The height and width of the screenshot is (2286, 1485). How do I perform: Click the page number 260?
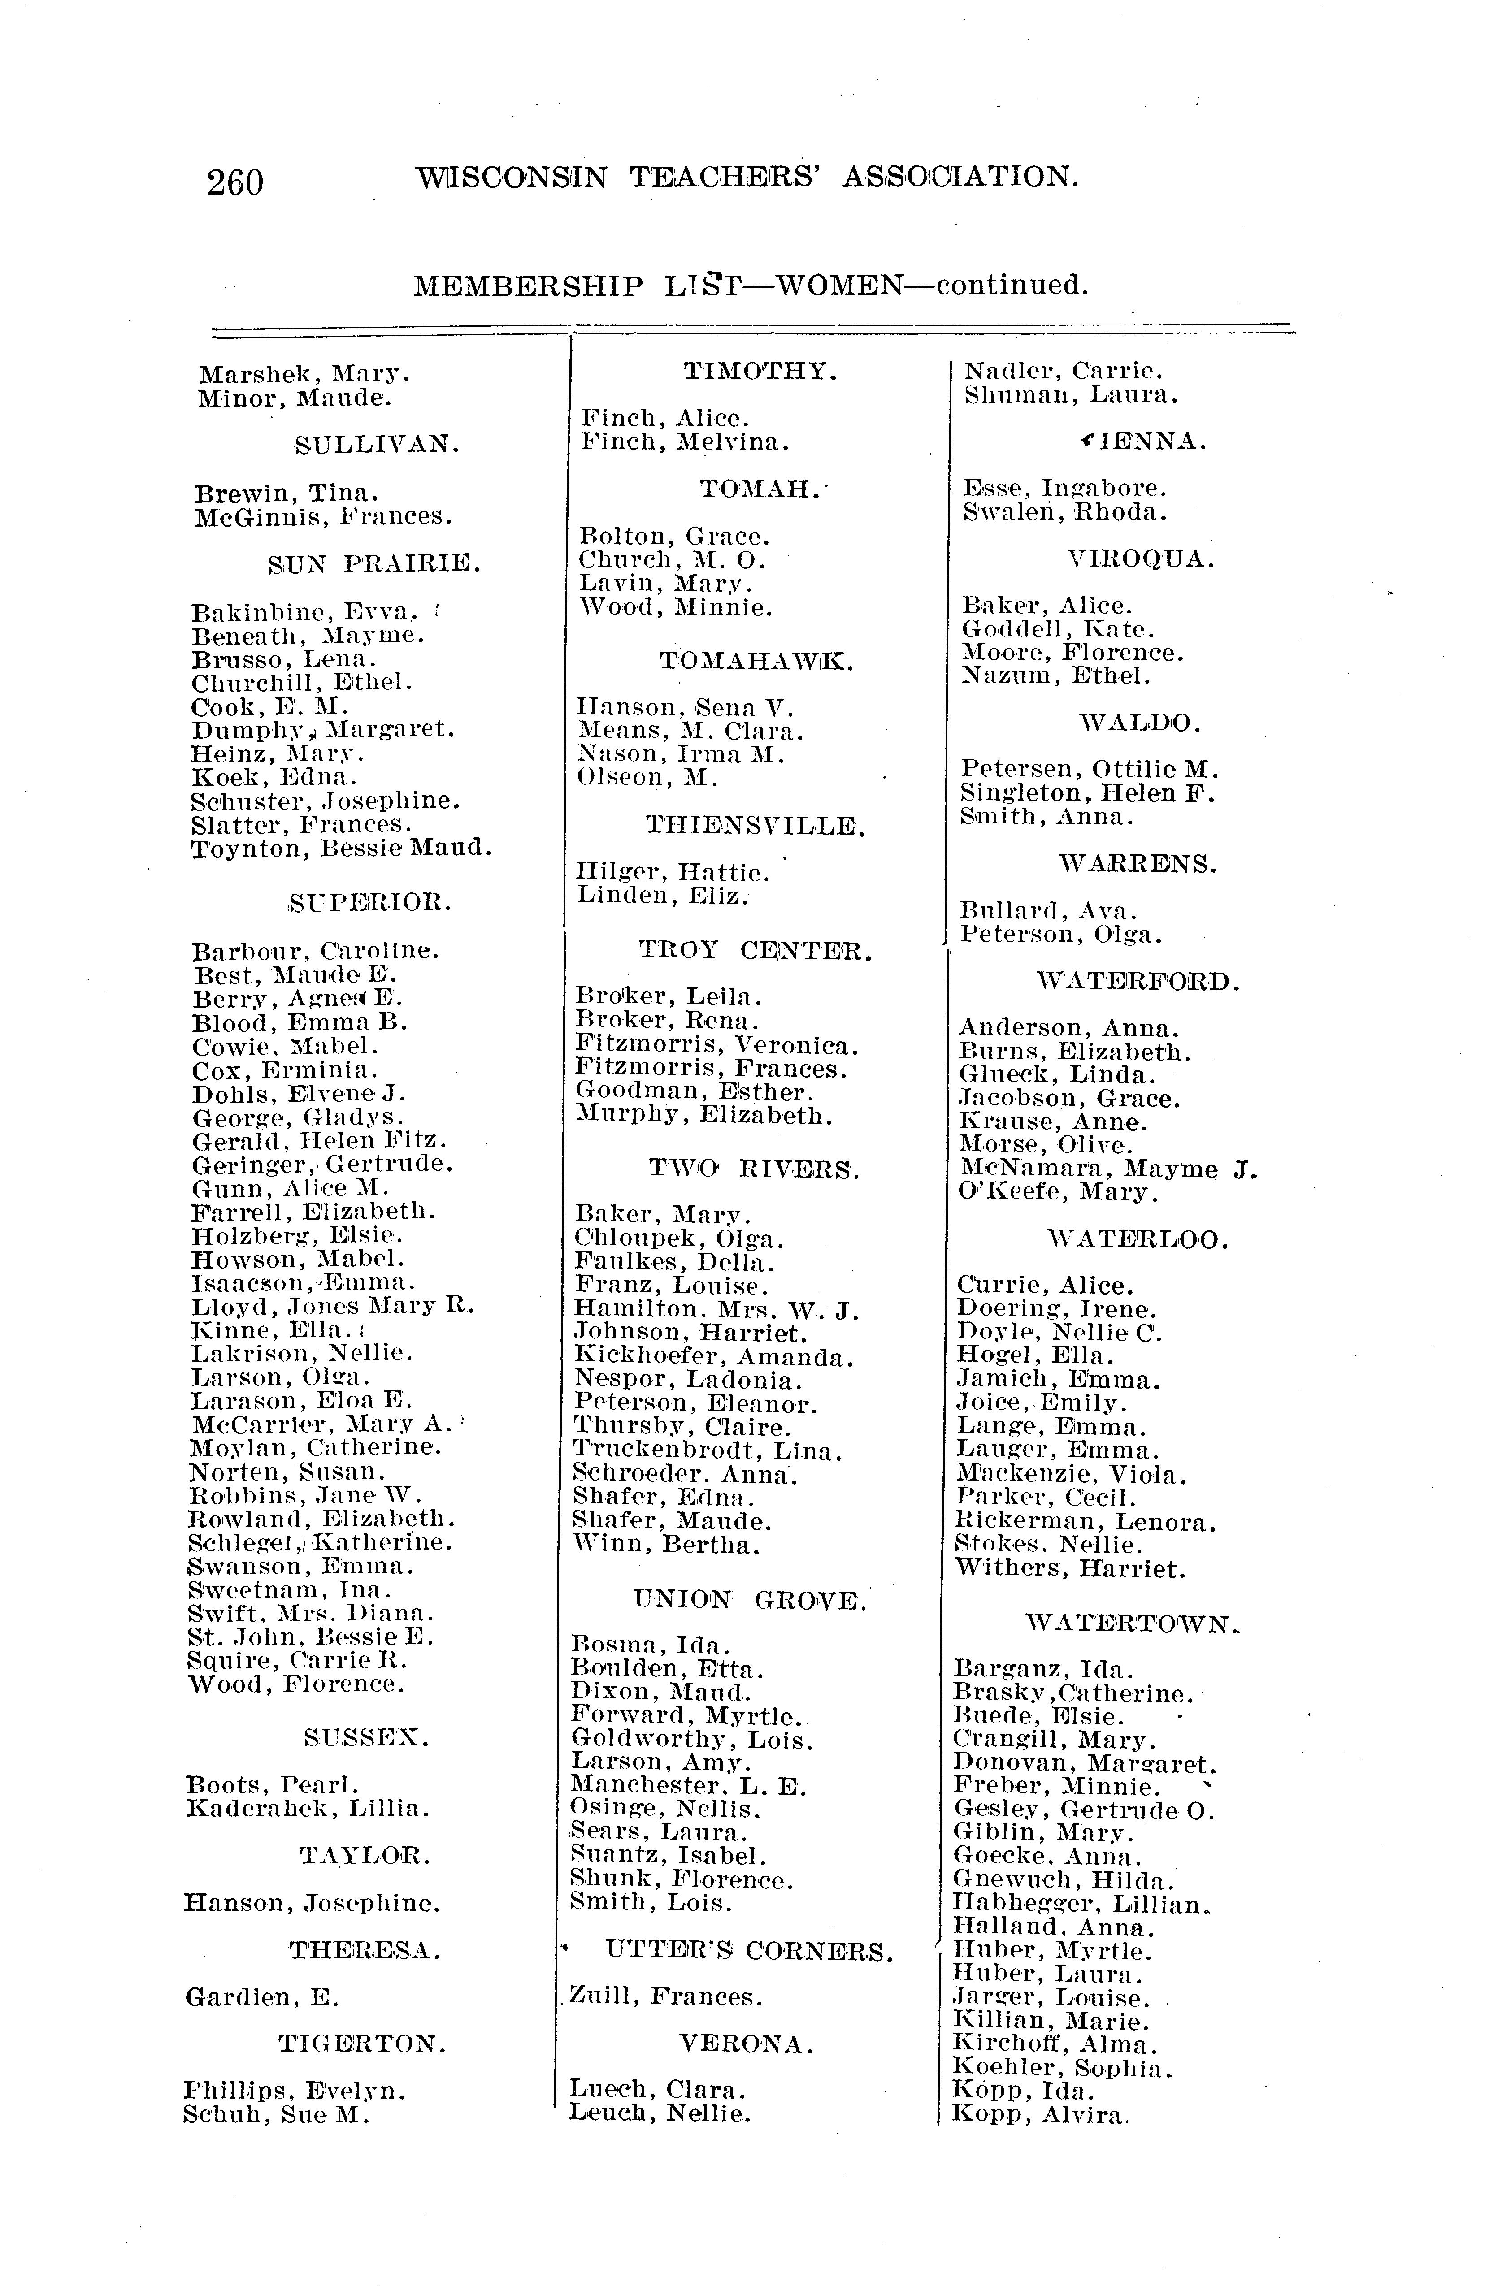(x=234, y=182)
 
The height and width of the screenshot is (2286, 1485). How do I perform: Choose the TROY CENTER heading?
(x=755, y=951)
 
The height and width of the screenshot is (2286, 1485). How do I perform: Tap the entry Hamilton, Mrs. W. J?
(x=716, y=1309)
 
